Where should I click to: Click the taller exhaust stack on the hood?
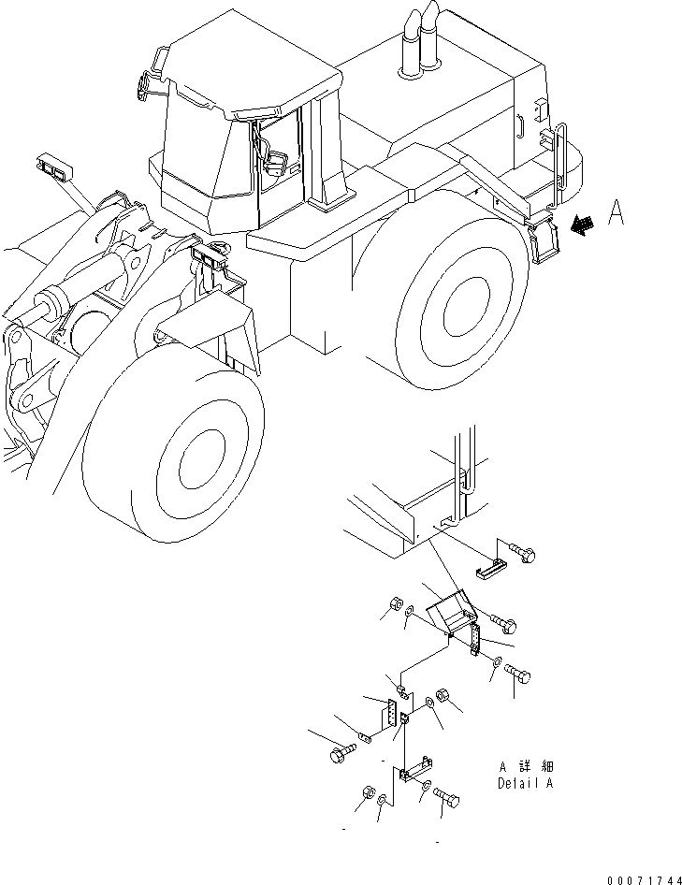(x=430, y=42)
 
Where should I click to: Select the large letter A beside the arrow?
(x=615, y=214)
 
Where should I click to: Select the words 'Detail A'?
(x=525, y=783)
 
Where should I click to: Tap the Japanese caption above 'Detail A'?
(x=525, y=766)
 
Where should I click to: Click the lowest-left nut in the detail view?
(x=367, y=795)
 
